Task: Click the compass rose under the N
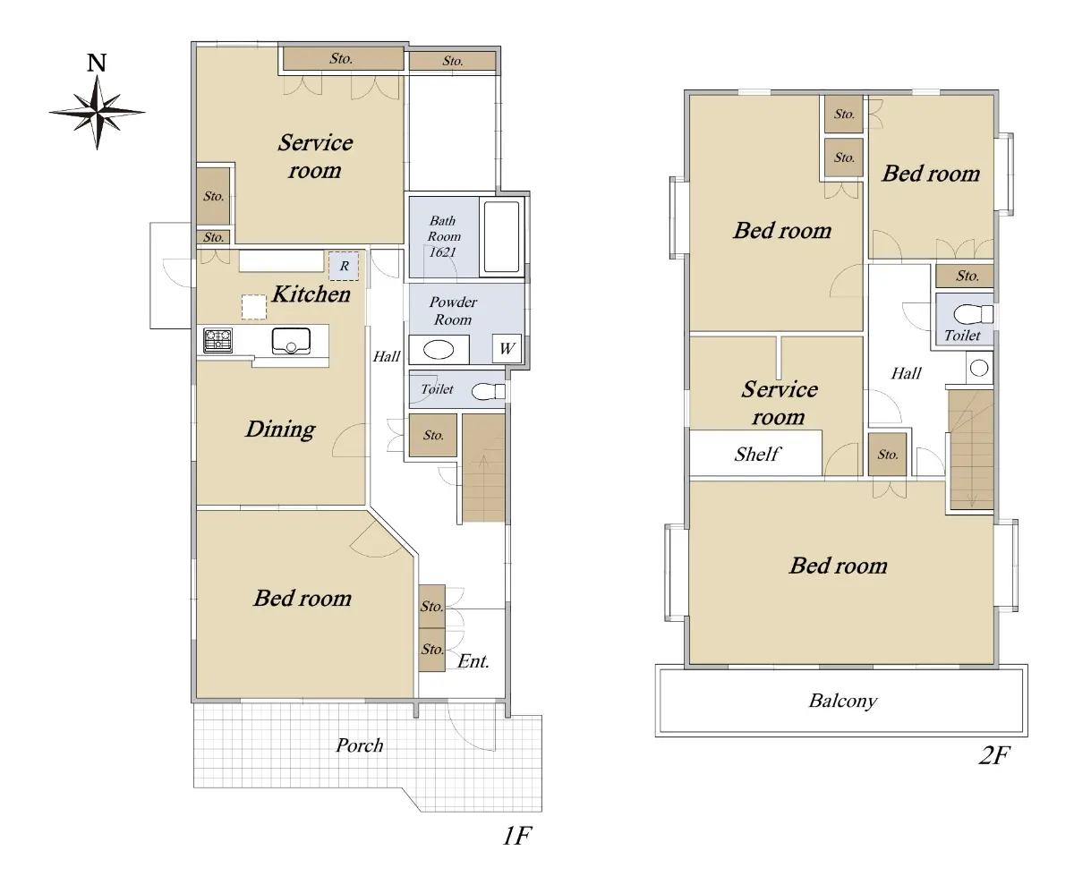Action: point(97,112)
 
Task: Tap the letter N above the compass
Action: point(97,63)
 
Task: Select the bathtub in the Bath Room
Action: point(501,236)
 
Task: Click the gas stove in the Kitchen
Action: point(217,340)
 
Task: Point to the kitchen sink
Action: point(291,341)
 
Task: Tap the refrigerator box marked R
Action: point(344,266)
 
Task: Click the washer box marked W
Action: point(507,349)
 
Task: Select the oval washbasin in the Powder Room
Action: point(439,350)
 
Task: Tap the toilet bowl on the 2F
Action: point(973,314)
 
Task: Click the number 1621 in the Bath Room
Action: point(442,252)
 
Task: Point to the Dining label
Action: point(280,430)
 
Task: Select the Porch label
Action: point(360,745)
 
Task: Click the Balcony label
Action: point(842,701)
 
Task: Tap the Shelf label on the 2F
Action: point(757,454)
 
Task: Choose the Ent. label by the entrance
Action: point(473,660)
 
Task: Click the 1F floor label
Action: point(517,836)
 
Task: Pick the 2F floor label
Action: point(994,755)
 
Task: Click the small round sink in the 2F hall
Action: point(979,368)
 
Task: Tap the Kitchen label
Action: point(311,294)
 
